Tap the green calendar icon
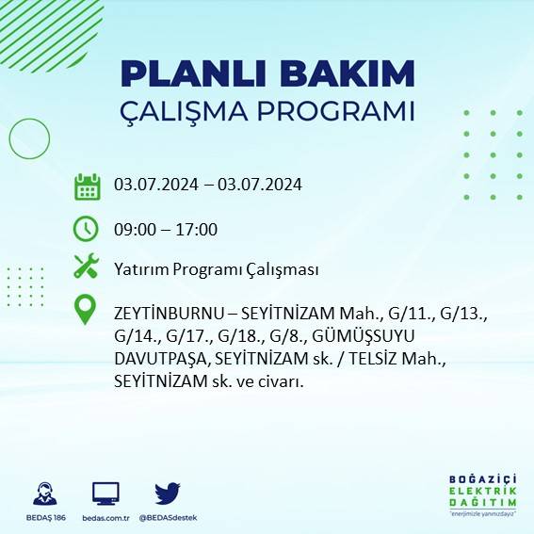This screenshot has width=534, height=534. (x=87, y=186)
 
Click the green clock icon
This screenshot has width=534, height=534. (x=87, y=228)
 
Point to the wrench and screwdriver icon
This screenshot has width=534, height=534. (x=87, y=267)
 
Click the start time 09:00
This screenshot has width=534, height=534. (x=132, y=229)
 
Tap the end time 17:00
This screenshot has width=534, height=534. (x=198, y=229)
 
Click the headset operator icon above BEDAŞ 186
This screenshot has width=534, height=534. (x=44, y=494)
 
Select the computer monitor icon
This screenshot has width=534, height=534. (x=105, y=494)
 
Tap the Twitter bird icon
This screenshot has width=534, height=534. (x=168, y=494)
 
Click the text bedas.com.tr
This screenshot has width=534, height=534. (x=105, y=518)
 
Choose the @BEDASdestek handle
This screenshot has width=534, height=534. (x=168, y=518)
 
